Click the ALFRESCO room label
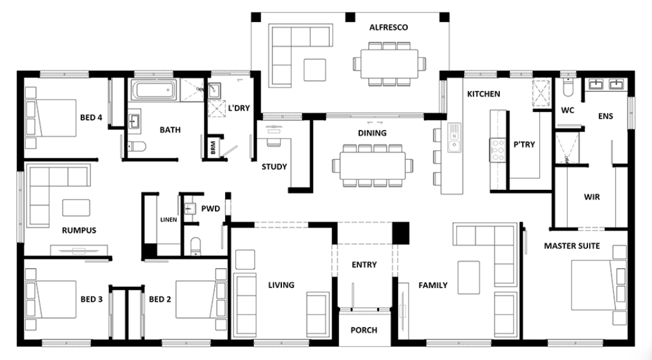pyautogui.click(x=389, y=28)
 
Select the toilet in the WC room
pyautogui.click(x=568, y=88)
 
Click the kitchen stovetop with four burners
pyautogui.click(x=498, y=150)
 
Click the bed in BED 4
pyautogui.click(x=51, y=118)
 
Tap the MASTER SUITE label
pyautogui.click(x=572, y=246)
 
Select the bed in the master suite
pyautogui.click(x=598, y=285)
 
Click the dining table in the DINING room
pyautogui.click(x=372, y=165)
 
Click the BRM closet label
pyautogui.click(x=213, y=148)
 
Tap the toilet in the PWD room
pyautogui.click(x=195, y=246)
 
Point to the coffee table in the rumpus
pyautogui.click(x=76, y=208)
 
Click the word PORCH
pyautogui.click(x=364, y=330)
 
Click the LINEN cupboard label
pyautogui.click(x=169, y=219)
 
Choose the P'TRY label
pyautogui.click(x=524, y=144)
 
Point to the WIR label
pyautogui.click(x=592, y=197)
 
